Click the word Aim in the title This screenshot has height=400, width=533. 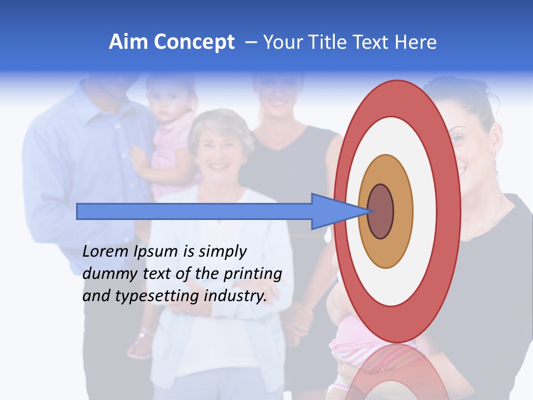click(x=128, y=42)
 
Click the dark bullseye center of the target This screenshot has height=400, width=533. click(x=381, y=212)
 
